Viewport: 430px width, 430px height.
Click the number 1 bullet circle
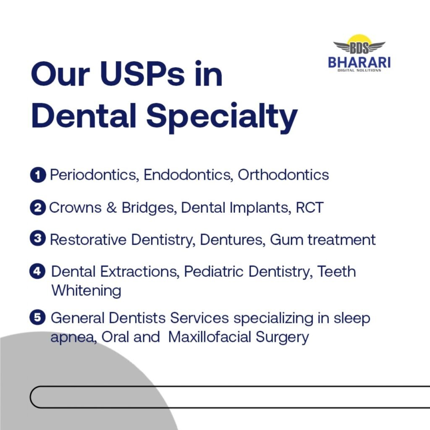point(38,175)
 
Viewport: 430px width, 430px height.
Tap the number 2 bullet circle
point(38,207)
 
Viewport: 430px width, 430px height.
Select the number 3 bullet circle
point(37,238)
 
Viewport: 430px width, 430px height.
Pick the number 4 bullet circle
point(37,271)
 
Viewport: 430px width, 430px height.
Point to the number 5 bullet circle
point(37,317)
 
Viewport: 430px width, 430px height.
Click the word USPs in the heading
point(142,74)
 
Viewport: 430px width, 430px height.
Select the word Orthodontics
point(283,175)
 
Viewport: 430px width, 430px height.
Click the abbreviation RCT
point(309,207)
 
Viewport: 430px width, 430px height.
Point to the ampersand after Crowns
point(111,207)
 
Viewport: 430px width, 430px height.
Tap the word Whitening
point(87,291)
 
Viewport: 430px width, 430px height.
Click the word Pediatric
point(214,272)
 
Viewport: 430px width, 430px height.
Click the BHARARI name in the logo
point(359,62)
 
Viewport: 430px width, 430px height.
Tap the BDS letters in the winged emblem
point(359,48)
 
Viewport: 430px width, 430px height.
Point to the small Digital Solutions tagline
point(359,71)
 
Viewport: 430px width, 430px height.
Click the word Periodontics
point(93,175)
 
